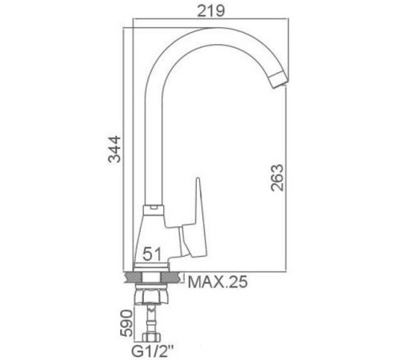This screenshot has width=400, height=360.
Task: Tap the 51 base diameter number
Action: [x=154, y=254]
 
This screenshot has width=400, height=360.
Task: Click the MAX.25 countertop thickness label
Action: [x=219, y=281]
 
